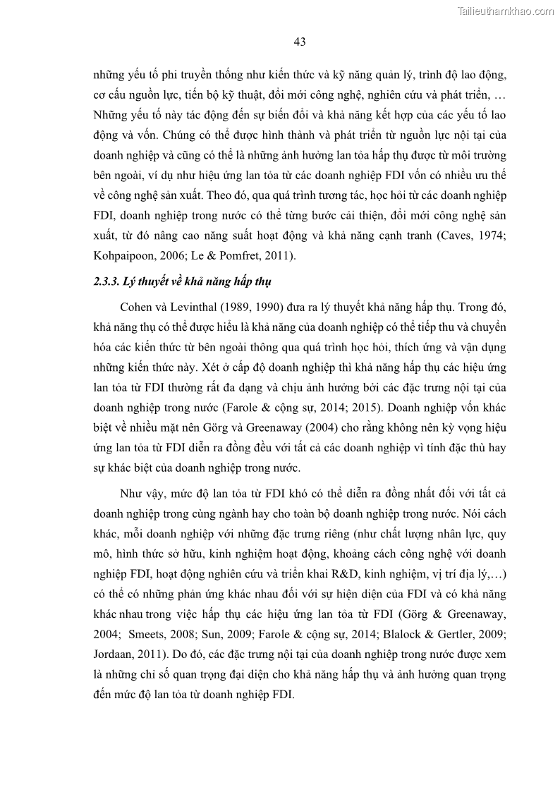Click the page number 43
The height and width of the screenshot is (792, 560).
[x=299, y=42]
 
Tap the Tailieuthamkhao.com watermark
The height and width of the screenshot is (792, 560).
[x=506, y=11]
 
